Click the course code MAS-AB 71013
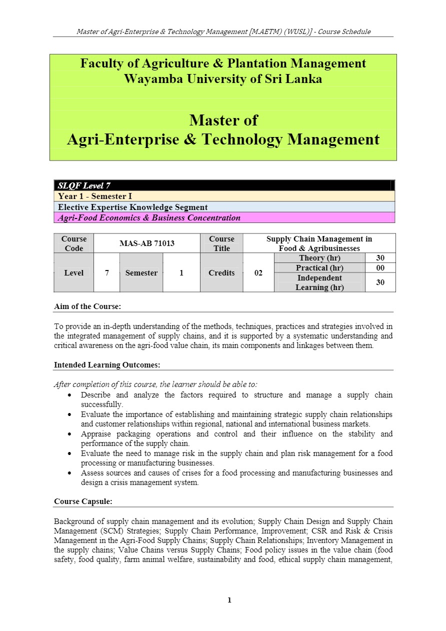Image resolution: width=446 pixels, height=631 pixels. (146, 243)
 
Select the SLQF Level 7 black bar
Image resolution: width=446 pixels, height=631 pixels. (224, 186)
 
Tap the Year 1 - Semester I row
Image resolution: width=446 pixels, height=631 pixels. (224, 196)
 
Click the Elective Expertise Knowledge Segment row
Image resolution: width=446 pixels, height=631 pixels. (224, 207)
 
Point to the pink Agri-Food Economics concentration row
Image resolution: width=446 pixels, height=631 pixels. (224, 217)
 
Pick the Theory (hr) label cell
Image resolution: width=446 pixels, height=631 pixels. (319, 258)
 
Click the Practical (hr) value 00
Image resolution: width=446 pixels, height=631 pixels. (380, 268)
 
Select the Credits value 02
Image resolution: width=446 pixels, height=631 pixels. (258, 273)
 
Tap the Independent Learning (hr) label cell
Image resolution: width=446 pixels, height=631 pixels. (319, 282)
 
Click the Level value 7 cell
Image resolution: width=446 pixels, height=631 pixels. (106, 273)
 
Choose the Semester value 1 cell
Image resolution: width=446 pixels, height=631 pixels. (181, 273)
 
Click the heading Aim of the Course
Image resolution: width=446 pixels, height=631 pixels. (87, 306)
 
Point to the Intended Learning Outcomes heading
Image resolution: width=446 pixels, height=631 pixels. (107, 365)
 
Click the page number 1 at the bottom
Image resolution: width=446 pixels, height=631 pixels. (229, 600)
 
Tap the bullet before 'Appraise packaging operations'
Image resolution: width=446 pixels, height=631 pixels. (69, 434)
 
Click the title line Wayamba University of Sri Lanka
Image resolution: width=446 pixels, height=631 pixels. (223, 79)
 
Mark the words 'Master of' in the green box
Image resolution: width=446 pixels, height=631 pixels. (223, 120)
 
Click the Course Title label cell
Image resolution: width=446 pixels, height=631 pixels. (221, 243)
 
